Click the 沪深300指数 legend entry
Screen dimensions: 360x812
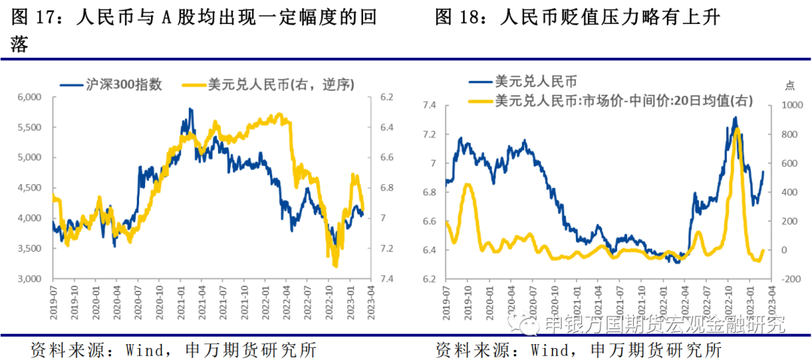point(120,84)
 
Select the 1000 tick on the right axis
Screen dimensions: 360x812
point(785,106)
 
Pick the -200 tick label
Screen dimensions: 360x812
point(785,279)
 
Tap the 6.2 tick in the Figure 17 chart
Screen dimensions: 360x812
point(388,97)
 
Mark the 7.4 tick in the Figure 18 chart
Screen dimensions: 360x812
point(429,106)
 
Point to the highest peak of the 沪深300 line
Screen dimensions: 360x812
point(189,109)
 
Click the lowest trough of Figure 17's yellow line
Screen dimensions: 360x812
point(335,265)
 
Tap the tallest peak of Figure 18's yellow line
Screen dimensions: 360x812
point(737,129)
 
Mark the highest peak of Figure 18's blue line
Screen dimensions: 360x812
point(735,117)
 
